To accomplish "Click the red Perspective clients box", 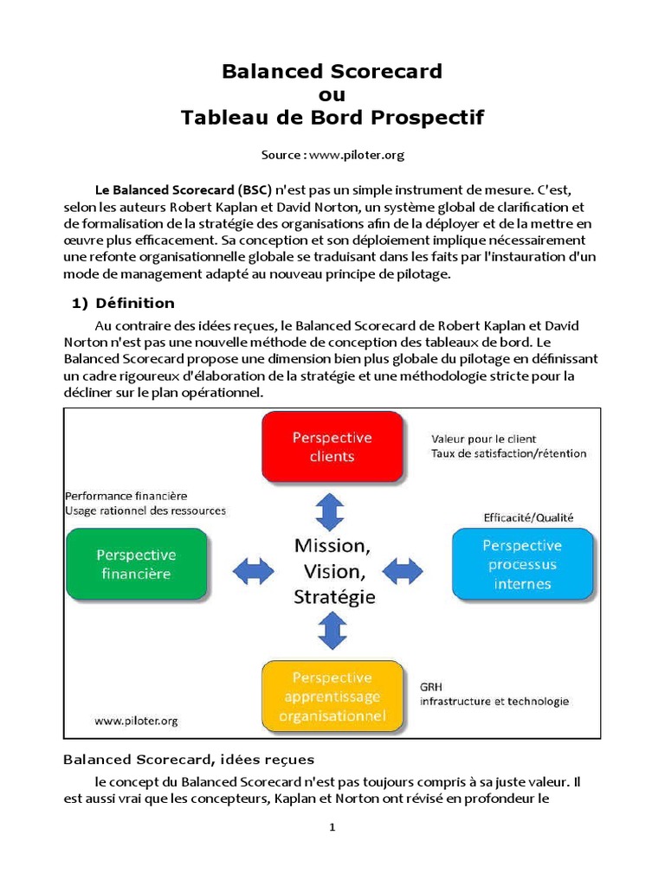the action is (332, 446).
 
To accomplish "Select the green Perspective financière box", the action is (136, 564).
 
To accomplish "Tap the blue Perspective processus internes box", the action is (522, 564).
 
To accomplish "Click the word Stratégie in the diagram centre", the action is (334, 596).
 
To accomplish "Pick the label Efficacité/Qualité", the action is (527, 517).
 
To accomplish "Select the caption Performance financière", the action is (126, 496).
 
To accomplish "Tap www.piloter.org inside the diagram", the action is (137, 720).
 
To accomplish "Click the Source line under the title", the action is (332, 155).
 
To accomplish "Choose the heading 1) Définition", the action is (122, 303).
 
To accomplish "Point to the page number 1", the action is (332, 827).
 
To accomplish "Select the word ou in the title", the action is (332, 94).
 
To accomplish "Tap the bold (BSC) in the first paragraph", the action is (255, 189).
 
